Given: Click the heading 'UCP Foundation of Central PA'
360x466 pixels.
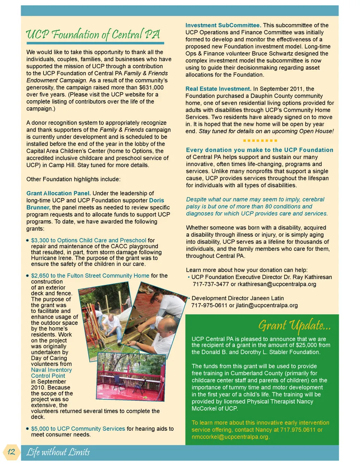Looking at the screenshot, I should pos(93,35).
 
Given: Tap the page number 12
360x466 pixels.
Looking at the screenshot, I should pos(11,451).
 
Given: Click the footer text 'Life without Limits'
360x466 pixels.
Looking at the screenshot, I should pos(58,452).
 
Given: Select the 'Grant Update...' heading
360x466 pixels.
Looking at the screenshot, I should pos(294,325).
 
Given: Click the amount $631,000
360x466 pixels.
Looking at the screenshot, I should pos(151,87).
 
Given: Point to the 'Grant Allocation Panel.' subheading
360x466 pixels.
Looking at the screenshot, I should pos(58,193).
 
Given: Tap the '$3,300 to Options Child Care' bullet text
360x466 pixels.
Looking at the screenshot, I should pos(88,240).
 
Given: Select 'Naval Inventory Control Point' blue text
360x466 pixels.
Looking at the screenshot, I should pos(51,373).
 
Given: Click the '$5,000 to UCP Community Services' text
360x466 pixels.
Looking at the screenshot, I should pos(78,428).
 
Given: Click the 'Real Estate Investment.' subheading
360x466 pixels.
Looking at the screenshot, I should pos(218,89).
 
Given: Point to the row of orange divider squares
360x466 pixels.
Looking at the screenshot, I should pos(260,140).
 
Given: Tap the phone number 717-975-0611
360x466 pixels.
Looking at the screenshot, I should pos(209,305).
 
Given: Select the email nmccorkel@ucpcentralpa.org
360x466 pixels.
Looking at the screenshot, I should pos(230,437).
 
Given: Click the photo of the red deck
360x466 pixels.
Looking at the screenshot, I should pos(130,376).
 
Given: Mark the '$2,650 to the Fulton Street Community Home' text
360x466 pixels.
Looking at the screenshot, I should pos(90,275).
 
